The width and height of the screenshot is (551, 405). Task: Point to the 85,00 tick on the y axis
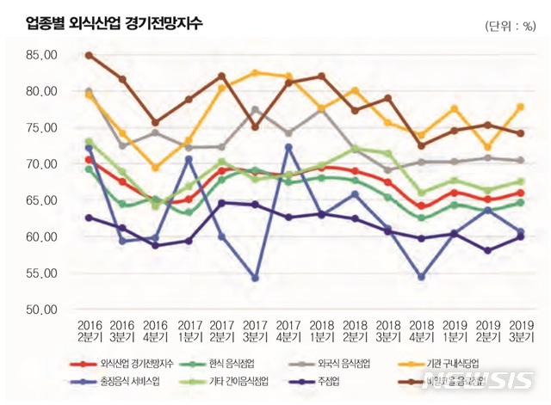pyautogui.click(x=40, y=55)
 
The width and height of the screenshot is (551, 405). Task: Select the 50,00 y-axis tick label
pyautogui.click(x=40, y=310)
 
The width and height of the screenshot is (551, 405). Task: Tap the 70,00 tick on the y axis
pyautogui.click(x=40, y=164)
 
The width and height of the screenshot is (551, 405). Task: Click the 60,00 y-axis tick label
pyautogui.click(x=40, y=237)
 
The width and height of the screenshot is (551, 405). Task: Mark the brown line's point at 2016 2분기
pyautogui.click(x=90, y=55)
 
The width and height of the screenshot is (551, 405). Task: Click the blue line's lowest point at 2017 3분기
pyautogui.click(x=254, y=278)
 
